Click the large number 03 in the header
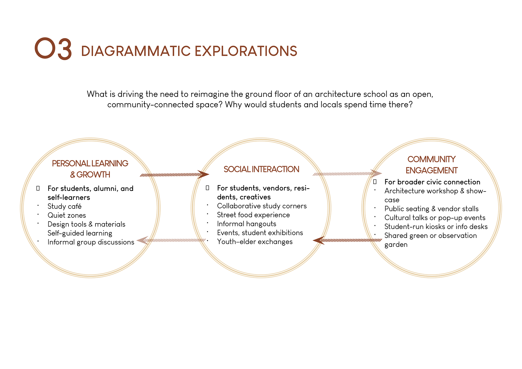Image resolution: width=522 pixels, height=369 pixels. (x=53, y=49)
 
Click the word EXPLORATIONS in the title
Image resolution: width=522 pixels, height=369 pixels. (x=246, y=51)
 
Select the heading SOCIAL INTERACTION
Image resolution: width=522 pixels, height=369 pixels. (x=261, y=169)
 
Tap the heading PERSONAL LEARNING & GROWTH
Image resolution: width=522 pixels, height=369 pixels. (x=90, y=169)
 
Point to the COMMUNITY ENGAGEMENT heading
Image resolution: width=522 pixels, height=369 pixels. (x=431, y=165)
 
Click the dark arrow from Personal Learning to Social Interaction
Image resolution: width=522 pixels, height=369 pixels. (x=174, y=175)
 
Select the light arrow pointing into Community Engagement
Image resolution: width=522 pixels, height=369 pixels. (x=347, y=174)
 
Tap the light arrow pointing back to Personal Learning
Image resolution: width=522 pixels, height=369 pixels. (x=171, y=240)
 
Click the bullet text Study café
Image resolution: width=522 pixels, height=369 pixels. (x=64, y=206)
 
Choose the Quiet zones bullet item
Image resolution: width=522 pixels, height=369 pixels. (x=67, y=215)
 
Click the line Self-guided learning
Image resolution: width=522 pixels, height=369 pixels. (x=80, y=233)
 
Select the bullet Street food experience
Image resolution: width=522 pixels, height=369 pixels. (x=253, y=215)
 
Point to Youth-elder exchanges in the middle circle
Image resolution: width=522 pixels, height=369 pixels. (x=255, y=242)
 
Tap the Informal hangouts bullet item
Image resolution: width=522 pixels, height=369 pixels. (x=247, y=224)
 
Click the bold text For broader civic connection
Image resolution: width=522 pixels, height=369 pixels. (x=432, y=182)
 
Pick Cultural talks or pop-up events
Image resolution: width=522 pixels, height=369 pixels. (x=435, y=218)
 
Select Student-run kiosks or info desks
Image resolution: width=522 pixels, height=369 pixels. (x=436, y=227)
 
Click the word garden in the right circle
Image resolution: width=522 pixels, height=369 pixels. (x=396, y=245)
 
